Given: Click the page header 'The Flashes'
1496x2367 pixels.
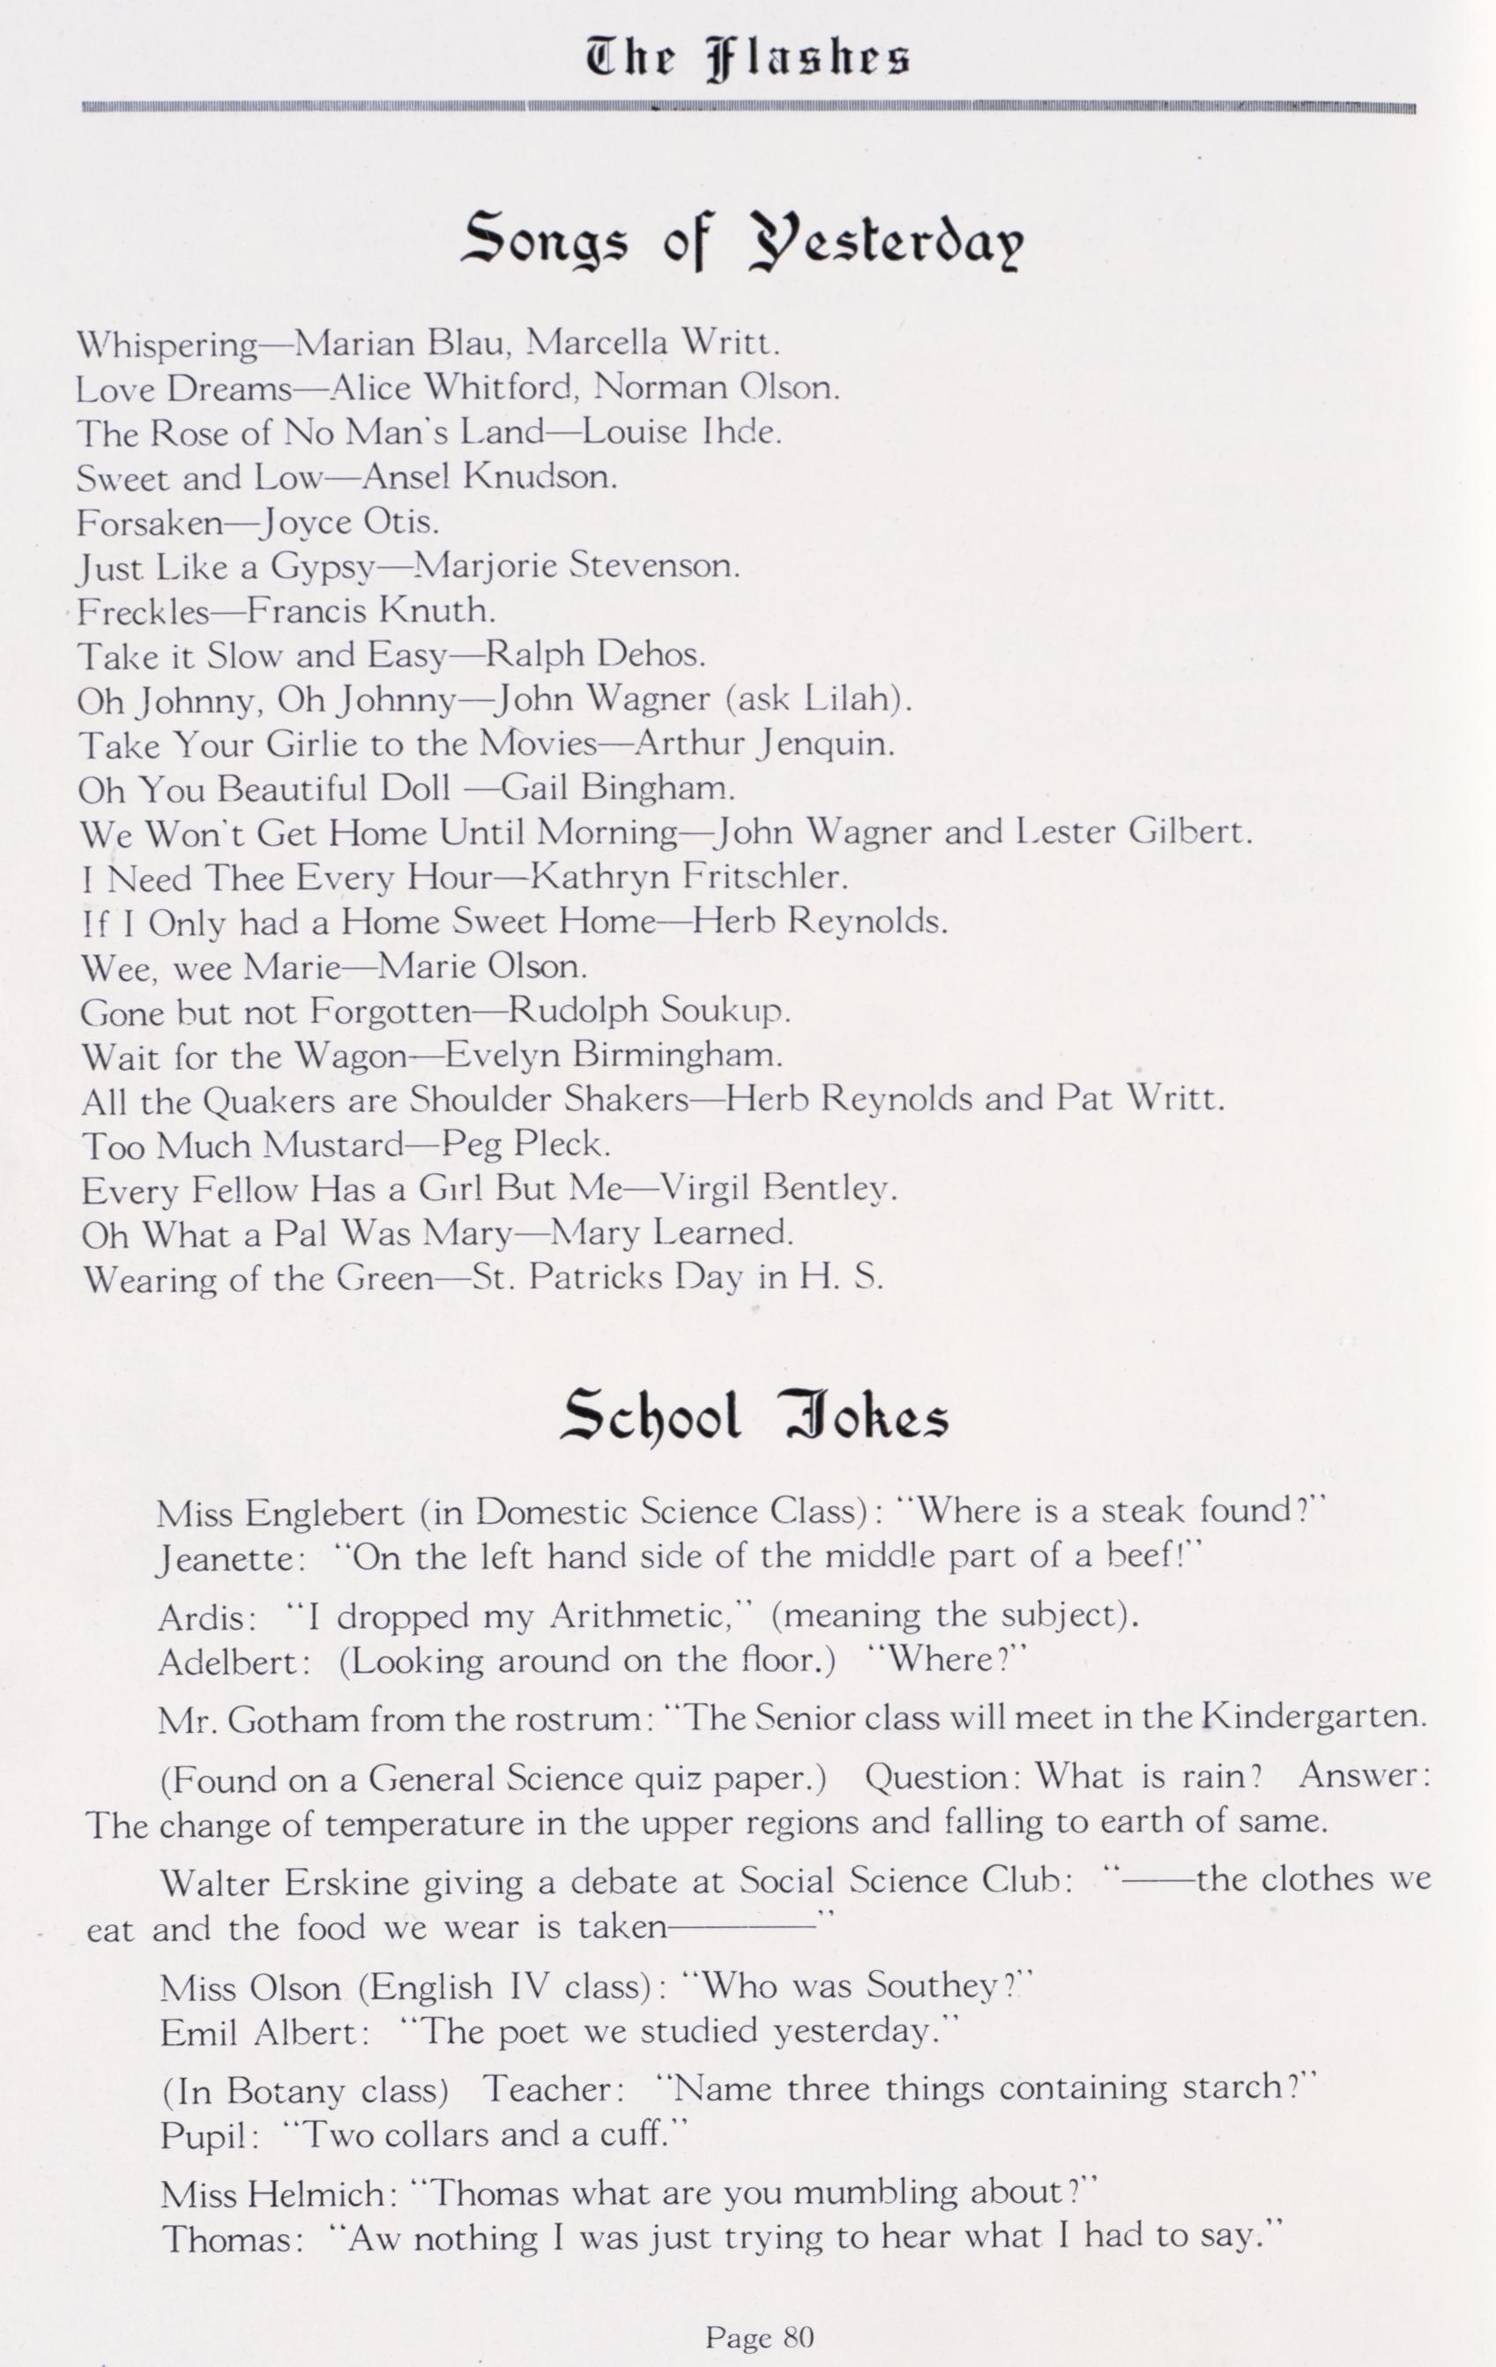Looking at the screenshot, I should (x=747, y=58).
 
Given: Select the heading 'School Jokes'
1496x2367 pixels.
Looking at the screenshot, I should (x=755, y=1416).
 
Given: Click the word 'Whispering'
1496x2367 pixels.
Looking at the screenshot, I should (x=167, y=345).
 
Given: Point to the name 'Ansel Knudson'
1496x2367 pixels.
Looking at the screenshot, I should (x=489, y=478).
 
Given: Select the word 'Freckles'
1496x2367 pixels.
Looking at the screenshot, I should (x=144, y=611).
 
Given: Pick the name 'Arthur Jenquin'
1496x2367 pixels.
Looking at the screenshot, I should (x=764, y=743).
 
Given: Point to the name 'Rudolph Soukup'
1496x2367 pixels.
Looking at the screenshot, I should (x=650, y=1011).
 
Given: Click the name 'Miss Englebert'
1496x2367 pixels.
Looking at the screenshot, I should (x=280, y=1512).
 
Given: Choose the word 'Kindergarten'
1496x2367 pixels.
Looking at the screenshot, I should (x=1315, y=1717).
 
